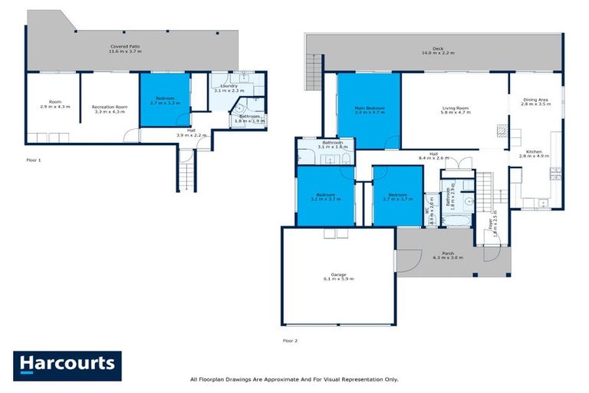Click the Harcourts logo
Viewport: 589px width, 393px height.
point(67,364)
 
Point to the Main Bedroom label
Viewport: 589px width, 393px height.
point(369,111)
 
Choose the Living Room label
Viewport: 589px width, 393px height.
point(456,111)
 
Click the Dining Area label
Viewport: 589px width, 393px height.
point(535,101)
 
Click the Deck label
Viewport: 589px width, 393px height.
point(438,51)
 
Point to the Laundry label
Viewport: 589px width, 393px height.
point(228,88)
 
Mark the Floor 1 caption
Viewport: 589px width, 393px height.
point(33,160)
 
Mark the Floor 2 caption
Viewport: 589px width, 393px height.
point(290,339)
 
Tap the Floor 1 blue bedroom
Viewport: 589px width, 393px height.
point(164,100)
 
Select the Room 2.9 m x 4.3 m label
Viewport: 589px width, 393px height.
point(54,104)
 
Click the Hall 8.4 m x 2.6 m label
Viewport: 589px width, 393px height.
point(433,156)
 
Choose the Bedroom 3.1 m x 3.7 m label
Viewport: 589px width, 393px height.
point(326,197)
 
